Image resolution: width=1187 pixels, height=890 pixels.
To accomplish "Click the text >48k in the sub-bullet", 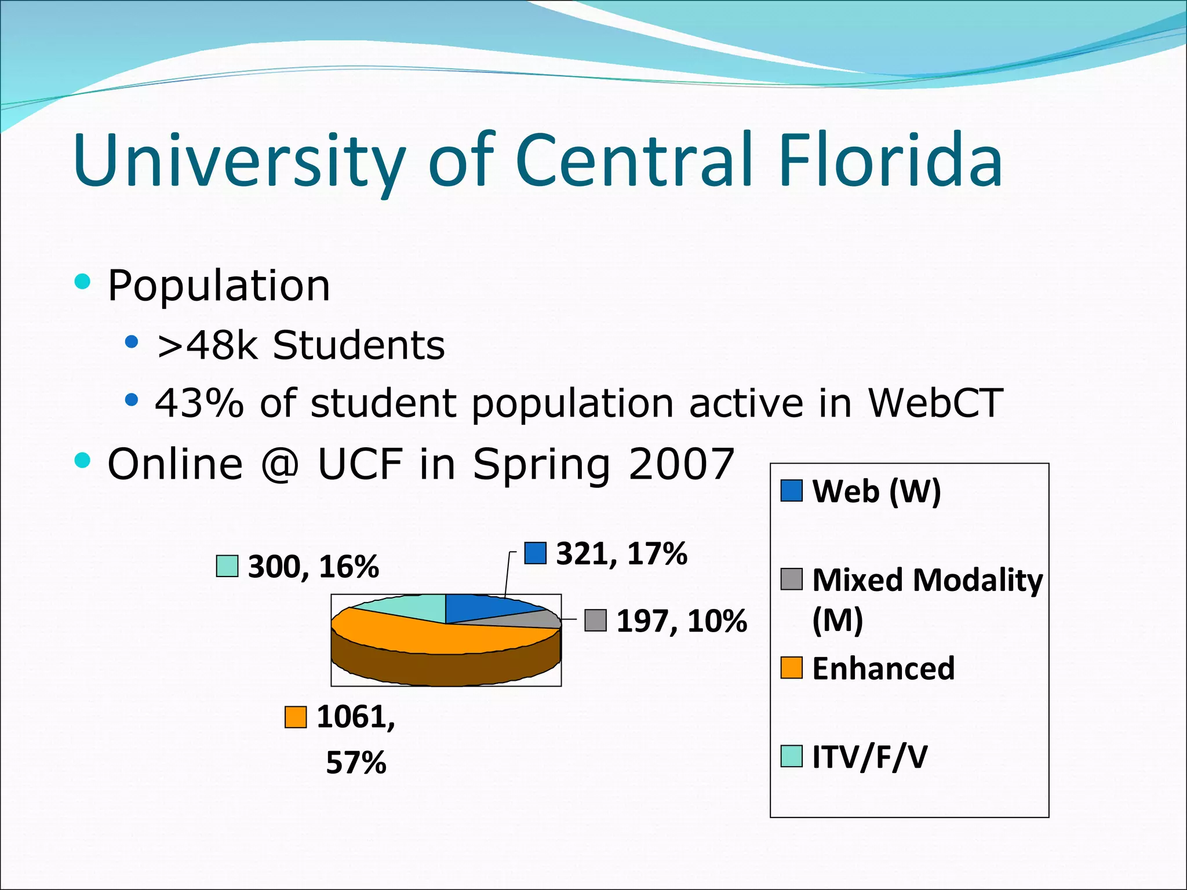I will point(206,345).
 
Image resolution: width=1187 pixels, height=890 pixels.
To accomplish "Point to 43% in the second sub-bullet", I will point(199,403).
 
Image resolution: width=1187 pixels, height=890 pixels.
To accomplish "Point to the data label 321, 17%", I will point(621,553).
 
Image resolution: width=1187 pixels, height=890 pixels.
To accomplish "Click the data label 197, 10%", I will point(681,621).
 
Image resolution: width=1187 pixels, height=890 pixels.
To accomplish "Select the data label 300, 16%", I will point(313,567).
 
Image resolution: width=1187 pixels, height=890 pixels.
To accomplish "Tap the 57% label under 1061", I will point(356,763).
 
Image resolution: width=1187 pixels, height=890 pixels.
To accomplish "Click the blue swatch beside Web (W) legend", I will point(791,491).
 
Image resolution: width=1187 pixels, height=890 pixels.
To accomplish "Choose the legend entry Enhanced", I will point(883,668).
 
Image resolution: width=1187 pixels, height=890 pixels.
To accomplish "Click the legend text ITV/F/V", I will point(869,757).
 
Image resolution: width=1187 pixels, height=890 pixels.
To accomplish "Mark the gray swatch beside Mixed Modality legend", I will point(791,579).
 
